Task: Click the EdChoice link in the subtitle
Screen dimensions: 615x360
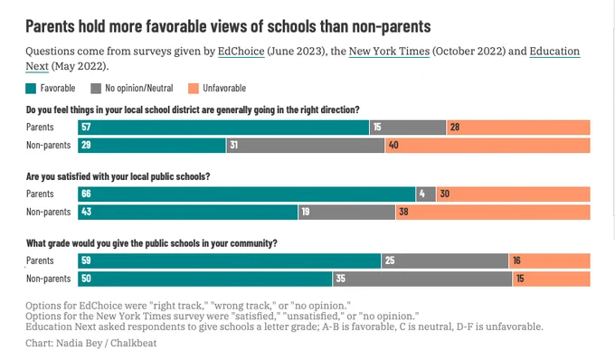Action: click(241, 52)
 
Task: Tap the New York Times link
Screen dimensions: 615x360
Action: click(389, 52)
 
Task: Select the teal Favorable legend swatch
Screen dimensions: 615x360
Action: click(31, 89)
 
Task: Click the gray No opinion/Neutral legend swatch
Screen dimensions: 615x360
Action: click(96, 89)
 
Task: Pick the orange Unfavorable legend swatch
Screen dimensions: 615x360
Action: click(194, 89)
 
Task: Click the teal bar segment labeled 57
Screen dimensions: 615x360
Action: click(223, 127)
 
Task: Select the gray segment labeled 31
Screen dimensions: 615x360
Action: click(306, 145)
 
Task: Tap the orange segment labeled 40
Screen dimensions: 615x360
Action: click(487, 145)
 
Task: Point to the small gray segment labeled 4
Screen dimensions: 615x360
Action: click(426, 194)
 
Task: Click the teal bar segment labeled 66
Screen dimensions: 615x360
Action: click(247, 194)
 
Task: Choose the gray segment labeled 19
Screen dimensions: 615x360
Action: click(346, 212)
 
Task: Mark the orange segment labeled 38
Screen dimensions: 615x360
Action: click(493, 212)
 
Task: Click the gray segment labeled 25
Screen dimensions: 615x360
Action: click(445, 261)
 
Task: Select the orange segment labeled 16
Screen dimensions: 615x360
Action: click(550, 261)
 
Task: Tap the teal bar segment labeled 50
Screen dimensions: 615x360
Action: click(205, 279)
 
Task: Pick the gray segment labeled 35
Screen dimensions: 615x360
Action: click(423, 279)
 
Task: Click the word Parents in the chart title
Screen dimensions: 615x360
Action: click(51, 26)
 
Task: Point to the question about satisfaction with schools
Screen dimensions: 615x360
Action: click(118, 176)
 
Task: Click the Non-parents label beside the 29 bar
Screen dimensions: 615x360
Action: click(49, 145)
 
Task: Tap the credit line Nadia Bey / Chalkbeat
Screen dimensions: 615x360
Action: click(107, 343)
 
